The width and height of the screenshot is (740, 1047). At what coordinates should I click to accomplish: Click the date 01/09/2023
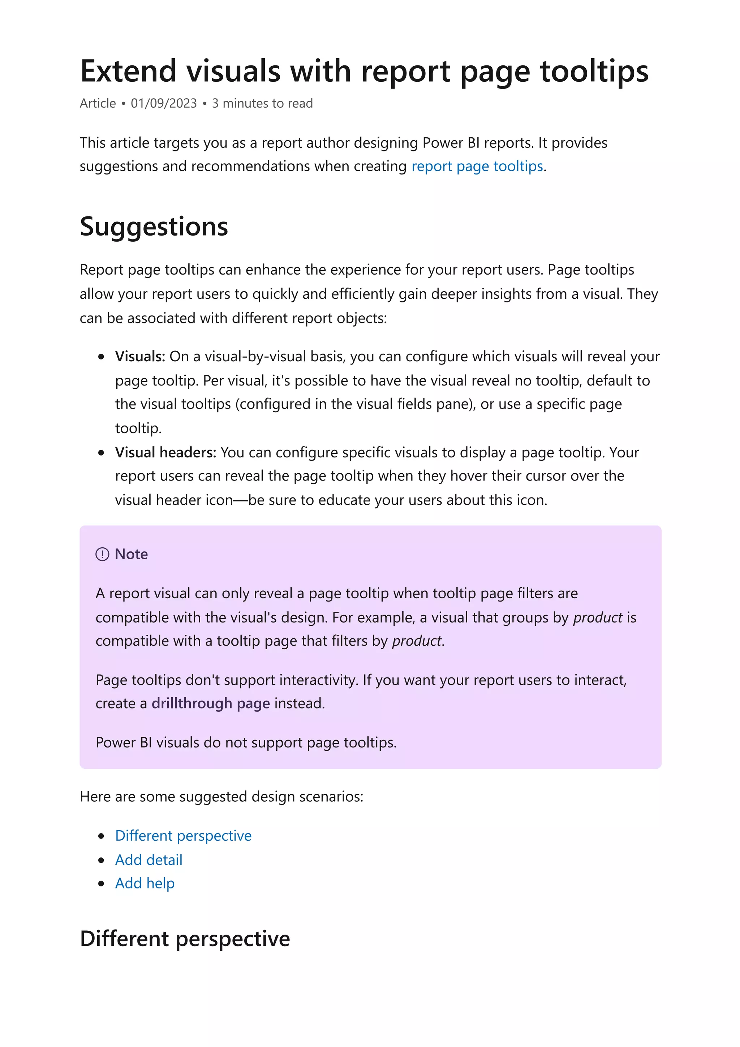tap(164, 104)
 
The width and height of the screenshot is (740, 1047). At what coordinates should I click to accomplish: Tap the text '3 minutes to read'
tap(262, 104)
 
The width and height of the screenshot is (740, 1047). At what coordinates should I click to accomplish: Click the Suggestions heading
tap(154, 227)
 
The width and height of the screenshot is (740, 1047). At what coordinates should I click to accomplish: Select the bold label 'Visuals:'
tap(139, 356)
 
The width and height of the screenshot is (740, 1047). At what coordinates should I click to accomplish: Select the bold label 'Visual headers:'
tap(165, 452)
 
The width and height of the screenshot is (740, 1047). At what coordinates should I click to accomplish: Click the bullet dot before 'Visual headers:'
tap(101, 453)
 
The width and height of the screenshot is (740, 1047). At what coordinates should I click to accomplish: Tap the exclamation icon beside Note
tap(102, 554)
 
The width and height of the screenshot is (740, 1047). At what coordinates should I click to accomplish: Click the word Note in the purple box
tap(131, 554)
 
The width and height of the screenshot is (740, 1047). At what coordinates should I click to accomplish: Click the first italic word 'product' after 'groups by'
tap(597, 617)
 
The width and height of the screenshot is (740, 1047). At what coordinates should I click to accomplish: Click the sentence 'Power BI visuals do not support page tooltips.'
tap(246, 742)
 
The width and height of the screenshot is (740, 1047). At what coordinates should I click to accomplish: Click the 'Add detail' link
tap(149, 859)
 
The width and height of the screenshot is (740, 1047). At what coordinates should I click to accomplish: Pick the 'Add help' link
tap(145, 883)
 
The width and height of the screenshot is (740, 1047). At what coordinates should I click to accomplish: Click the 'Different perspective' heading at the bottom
tap(185, 939)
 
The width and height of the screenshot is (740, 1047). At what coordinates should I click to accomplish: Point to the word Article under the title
tap(98, 104)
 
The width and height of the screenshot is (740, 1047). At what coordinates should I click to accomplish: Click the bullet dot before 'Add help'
tap(101, 884)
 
